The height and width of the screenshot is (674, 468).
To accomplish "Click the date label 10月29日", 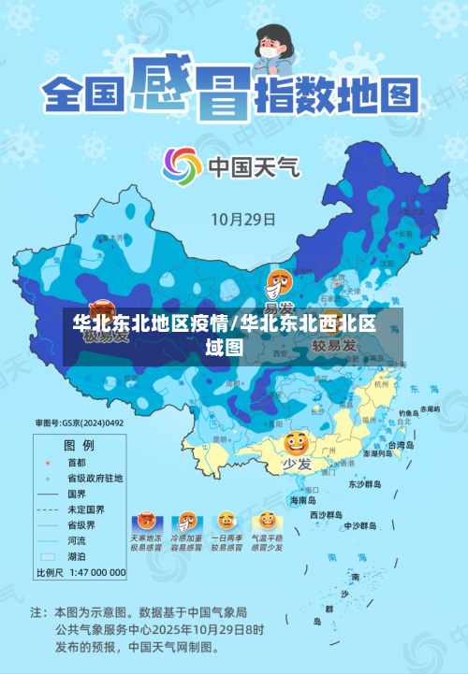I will point(242,221).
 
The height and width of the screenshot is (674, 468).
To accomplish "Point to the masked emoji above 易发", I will point(279,280).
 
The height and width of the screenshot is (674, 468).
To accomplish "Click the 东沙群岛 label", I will point(365,484).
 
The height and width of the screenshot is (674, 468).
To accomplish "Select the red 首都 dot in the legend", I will point(46,462).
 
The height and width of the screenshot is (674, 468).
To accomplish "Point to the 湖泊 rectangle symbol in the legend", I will point(46,556).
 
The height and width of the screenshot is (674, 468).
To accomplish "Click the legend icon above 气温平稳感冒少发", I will point(268,521).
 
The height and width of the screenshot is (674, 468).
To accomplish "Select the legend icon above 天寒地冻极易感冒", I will point(145,521).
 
